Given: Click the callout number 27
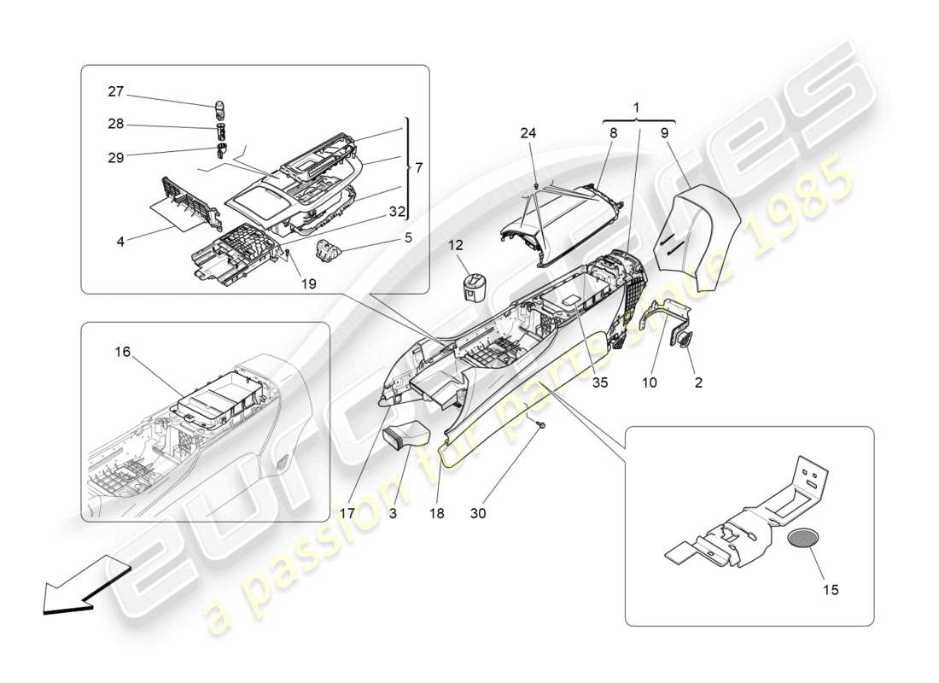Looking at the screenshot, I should (x=116, y=91).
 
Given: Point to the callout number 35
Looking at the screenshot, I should (x=599, y=383).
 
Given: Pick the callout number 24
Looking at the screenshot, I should (x=528, y=132).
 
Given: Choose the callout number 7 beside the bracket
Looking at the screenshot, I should (x=417, y=168).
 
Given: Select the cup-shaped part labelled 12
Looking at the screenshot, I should (x=473, y=287).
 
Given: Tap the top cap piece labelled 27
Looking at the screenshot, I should (x=219, y=108).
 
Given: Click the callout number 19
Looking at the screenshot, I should (x=308, y=283).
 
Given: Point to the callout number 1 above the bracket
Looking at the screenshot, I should (x=636, y=109).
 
